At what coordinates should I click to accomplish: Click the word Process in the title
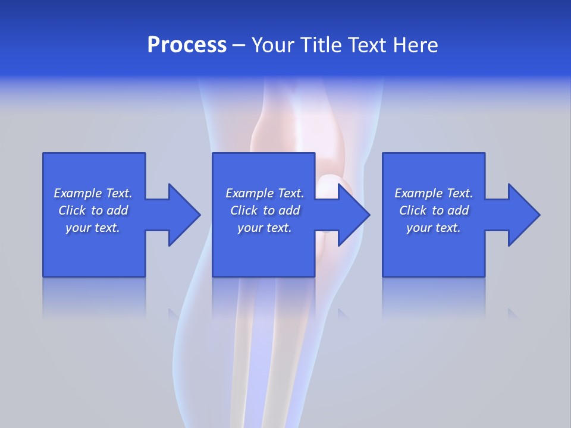pyautogui.click(x=187, y=45)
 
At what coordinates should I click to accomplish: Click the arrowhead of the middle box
pyautogui.click(x=353, y=215)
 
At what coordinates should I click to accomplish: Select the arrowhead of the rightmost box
pyautogui.click(x=523, y=215)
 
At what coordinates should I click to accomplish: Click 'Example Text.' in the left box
pyautogui.click(x=93, y=193)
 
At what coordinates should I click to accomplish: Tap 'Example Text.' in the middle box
pyautogui.click(x=265, y=193)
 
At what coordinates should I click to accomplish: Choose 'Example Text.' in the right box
pyautogui.click(x=434, y=193)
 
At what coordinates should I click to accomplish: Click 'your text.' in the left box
pyautogui.click(x=93, y=228)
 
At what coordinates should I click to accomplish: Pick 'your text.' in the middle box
pyautogui.click(x=265, y=228)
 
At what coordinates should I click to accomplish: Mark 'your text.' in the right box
pyautogui.click(x=434, y=228)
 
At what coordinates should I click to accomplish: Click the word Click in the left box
pyautogui.click(x=72, y=210)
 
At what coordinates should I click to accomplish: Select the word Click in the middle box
pyautogui.click(x=244, y=210)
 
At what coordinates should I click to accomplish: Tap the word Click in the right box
pyautogui.click(x=413, y=210)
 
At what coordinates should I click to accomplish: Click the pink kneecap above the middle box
pyautogui.click(x=297, y=134)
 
